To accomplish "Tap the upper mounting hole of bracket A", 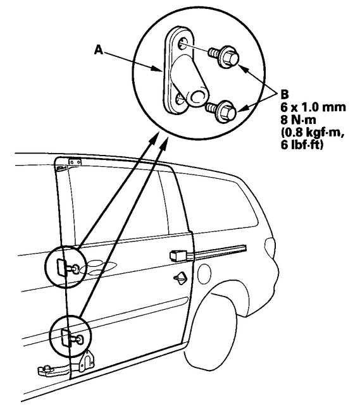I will click(183, 44).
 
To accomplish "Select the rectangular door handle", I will click(180, 255).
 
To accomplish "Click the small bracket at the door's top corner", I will click(75, 163).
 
